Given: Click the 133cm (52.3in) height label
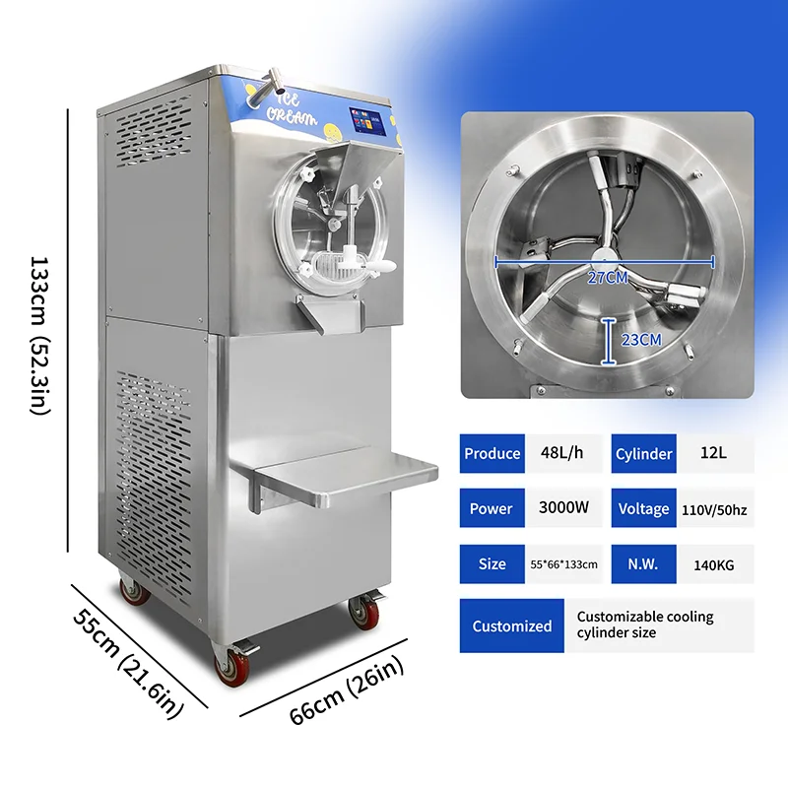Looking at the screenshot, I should (x=40, y=336).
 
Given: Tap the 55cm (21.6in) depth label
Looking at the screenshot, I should (x=129, y=651).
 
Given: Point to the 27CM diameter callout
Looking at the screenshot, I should (x=607, y=277).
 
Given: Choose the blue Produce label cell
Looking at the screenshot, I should (x=492, y=453).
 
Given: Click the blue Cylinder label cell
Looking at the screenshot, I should (x=643, y=453).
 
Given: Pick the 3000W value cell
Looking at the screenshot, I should (x=563, y=508).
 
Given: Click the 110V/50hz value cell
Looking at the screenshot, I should (x=715, y=509).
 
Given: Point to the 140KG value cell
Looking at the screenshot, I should (x=714, y=564).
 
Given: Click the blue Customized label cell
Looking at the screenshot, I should (x=511, y=625).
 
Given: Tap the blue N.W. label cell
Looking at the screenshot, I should (x=643, y=564).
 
